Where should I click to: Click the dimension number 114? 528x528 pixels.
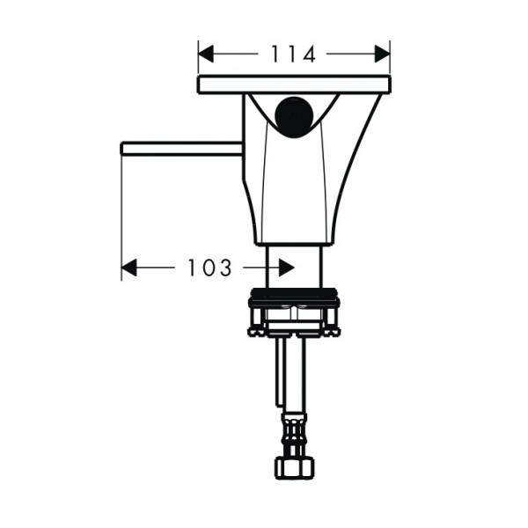point(293,54)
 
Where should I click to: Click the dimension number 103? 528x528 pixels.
point(209,268)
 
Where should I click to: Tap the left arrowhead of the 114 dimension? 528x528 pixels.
point(206,54)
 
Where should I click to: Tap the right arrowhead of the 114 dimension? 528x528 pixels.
point(383,54)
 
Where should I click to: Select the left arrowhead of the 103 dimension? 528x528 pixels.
point(128,268)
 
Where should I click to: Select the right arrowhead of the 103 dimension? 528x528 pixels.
point(287,268)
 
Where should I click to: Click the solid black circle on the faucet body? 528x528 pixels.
point(294,117)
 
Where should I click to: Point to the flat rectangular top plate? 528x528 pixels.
point(294,84)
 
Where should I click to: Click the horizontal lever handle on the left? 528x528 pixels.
point(181,149)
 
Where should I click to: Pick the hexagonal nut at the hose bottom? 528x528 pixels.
point(294,467)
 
